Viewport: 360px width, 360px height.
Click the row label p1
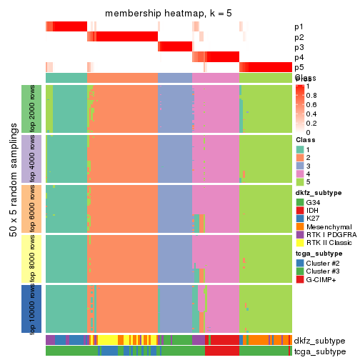(x=299, y=27)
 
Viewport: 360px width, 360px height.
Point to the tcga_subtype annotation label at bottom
(x=319, y=351)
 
